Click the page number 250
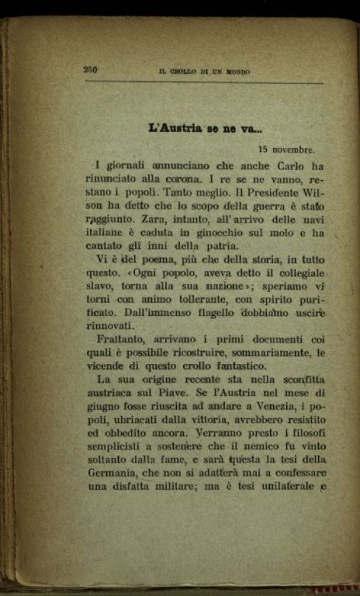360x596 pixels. [90, 70]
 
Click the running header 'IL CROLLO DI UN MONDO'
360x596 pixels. [204, 72]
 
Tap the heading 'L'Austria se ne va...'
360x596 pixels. [206, 129]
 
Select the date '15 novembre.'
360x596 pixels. [287, 149]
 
